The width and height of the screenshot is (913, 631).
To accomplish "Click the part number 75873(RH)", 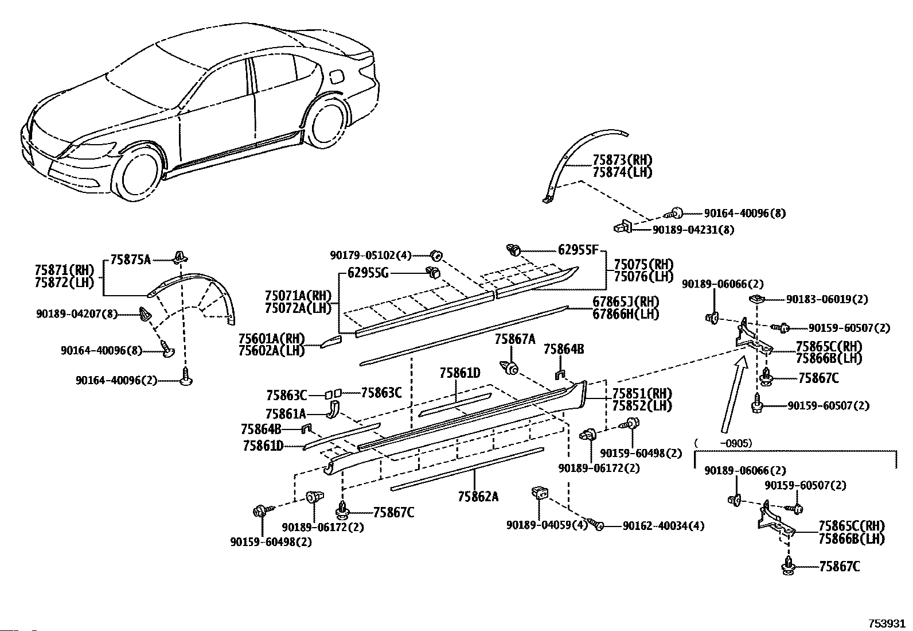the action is (x=622, y=160).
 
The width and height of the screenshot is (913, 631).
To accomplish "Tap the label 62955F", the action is (x=578, y=249).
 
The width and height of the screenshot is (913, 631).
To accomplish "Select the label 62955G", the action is (x=368, y=273).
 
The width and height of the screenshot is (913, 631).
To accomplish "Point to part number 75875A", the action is (x=130, y=260).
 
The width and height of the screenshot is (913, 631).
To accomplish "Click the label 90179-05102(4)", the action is (x=370, y=256).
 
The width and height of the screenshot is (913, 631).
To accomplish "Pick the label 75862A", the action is (x=478, y=496).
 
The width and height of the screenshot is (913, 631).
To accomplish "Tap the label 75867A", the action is (x=515, y=339).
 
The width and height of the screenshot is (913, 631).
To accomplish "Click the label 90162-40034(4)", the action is (x=664, y=526).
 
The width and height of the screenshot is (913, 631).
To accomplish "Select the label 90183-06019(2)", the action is (x=827, y=299).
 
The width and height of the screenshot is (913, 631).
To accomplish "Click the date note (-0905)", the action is (x=724, y=443).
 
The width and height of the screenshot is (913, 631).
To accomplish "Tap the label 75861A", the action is (x=286, y=415).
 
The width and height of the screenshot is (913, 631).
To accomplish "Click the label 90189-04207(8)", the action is (x=77, y=314).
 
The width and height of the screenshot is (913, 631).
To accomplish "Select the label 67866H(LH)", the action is (x=626, y=314).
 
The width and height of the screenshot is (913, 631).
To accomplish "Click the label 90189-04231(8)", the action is (x=693, y=230).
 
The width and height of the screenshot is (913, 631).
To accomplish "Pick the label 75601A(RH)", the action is (x=272, y=338).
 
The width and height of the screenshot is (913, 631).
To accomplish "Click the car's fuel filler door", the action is (x=337, y=76).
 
